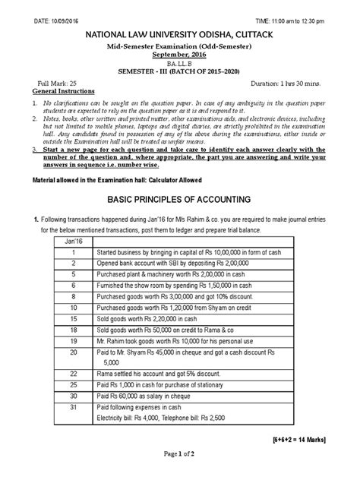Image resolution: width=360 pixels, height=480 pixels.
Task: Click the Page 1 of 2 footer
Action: tap(180, 473)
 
